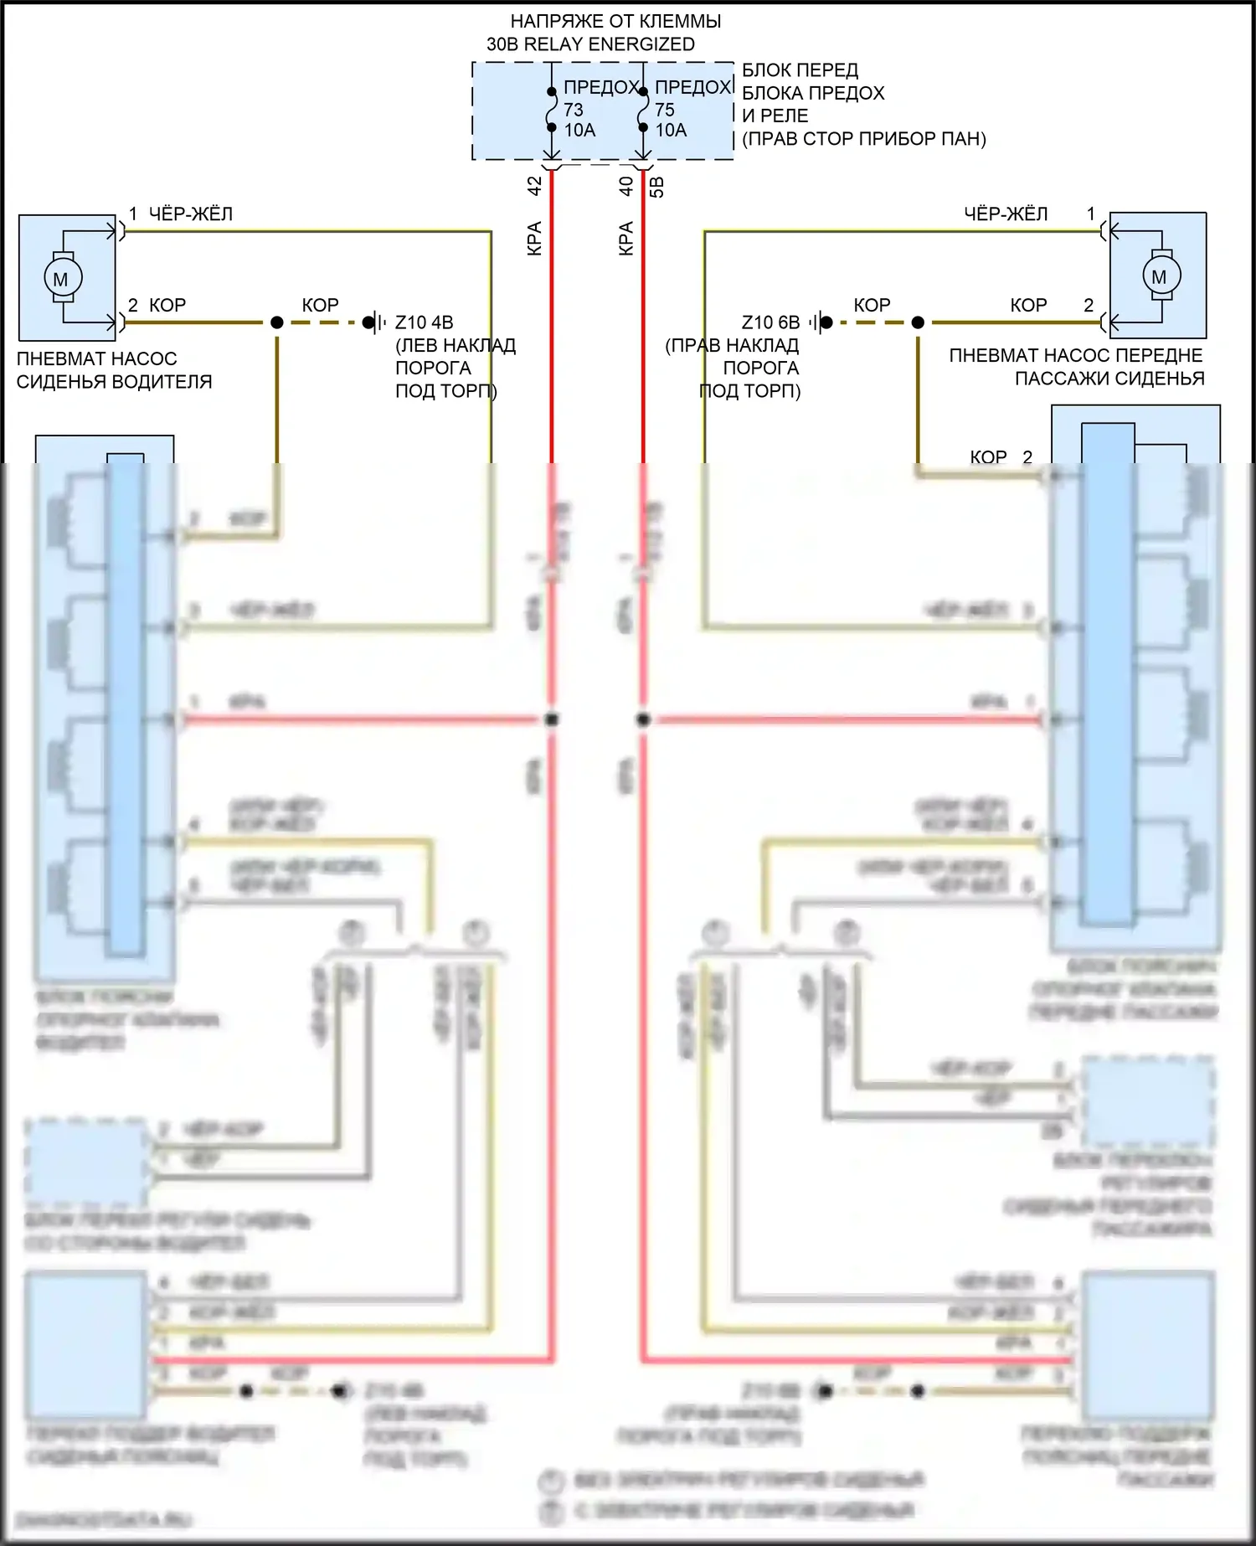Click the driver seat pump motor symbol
coord(61,278)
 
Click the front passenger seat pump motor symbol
coord(1160,276)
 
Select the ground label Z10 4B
coord(424,322)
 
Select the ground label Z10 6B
coord(770,322)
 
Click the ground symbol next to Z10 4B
coord(374,322)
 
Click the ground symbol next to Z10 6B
coord(821,322)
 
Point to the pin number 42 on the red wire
coord(534,186)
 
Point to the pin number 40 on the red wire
coord(625,186)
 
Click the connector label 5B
coord(657,186)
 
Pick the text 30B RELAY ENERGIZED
coord(590,44)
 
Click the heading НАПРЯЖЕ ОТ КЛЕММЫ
coord(615,21)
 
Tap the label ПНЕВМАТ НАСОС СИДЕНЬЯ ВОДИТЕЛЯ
coord(114,370)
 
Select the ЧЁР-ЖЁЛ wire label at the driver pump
coord(190,214)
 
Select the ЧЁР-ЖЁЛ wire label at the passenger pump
coord(1005,214)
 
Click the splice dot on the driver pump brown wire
coord(277,322)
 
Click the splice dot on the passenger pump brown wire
coord(918,322)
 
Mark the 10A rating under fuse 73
coord(579,131)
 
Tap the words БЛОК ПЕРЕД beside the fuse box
coord(800,70)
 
